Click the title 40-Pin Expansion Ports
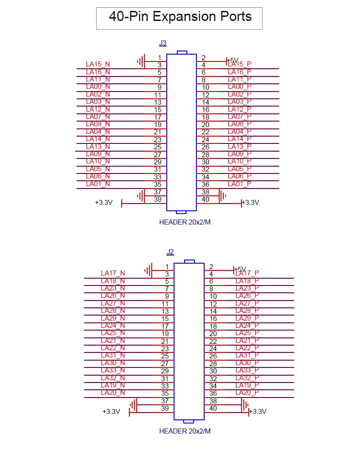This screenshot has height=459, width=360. (x=180, y=17)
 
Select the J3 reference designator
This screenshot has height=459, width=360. (x=163, y=43)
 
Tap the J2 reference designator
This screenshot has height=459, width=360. (x=170, y=251)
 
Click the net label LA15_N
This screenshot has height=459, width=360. (x=98, y=64)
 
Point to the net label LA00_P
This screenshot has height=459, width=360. (x=240, y=87)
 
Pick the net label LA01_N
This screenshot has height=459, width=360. (x=98, y=184)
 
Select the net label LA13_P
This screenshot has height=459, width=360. (x=240, y=147)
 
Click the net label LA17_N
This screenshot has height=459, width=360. (x=113, y=273)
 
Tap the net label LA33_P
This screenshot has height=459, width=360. (x=247, y=370)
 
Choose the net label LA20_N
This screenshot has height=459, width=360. (x=113, y=393)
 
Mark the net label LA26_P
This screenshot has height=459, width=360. (x=247, y=296)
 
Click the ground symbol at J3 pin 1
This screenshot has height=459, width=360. (x=141, y=61)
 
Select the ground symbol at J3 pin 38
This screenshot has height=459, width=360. (x=223, y=196)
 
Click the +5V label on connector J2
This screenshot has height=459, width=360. (x=240, y=269)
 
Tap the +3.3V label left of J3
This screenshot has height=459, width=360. (x=103, y=203)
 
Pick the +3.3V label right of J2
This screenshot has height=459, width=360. (x=258, y=412)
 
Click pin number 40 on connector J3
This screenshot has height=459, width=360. (x=205, y=199)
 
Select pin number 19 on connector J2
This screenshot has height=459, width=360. (x=165, y=334)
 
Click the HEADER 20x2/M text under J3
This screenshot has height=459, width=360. (x=185, y=223)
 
